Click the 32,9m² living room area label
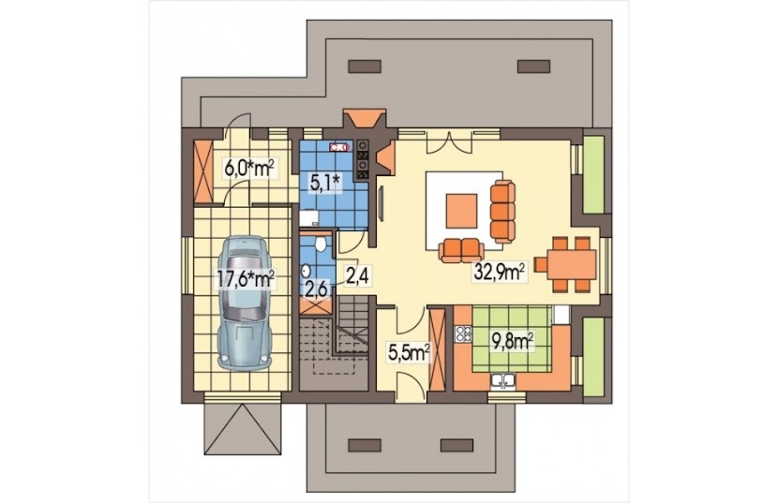tap(501, 272)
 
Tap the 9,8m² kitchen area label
tap(513, 341)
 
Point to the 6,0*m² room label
tap(249, 169)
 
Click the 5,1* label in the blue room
tap(324, 184)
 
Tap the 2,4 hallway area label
tap(356, 275)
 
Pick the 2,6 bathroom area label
tap(316, 289)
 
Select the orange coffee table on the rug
tap(461, 211)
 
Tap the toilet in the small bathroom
tap(321, 243)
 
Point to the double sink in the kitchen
tap(502, 380)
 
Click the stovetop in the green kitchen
tap(463, 334)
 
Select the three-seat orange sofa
tap(502, 211)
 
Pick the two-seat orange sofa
tap(461, 250)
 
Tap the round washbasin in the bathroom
tap(307, 271)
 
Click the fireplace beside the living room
tap(385, 157)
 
